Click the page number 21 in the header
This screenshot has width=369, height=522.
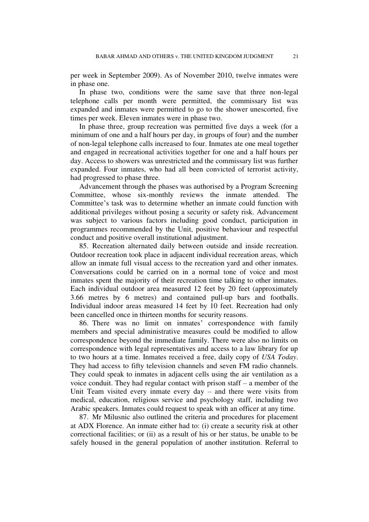(295, 56)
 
